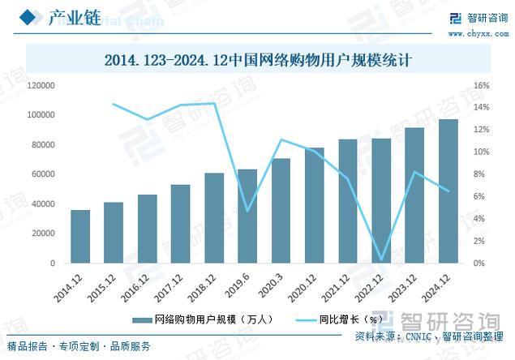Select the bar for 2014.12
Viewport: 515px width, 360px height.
(x=80, y=237)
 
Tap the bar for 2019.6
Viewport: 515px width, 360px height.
(x=247, y=216)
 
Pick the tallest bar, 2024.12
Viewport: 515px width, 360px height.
(x=448, y=191)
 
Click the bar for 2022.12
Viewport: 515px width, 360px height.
(x=381, y=201)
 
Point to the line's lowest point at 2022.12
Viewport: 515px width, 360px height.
(x=381, y=259)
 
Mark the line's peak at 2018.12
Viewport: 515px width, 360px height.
(x=214, y=103)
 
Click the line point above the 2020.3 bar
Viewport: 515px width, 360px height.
(x=281, y=139)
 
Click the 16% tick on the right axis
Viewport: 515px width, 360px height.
(x=481, y=85)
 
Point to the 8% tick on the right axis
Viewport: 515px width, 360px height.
(x=479, y=174)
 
